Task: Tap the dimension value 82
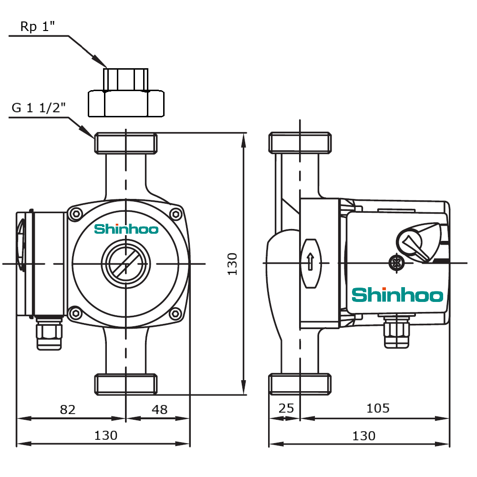click(68, 409)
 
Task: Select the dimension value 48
click(159, 409)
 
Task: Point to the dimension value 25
click(286, 408)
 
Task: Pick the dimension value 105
click(378, 408)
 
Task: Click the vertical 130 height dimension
click(232, 263)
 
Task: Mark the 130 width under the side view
click(363, 436)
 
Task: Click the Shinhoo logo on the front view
click(126, 229)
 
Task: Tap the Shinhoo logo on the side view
click(397, 295)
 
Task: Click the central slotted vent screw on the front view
click(125, 263)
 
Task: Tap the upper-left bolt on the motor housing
click(75, 214)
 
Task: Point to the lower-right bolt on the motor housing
click(176, 313)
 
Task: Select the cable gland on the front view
click(49, 332)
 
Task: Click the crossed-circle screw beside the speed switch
click(395, 262)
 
